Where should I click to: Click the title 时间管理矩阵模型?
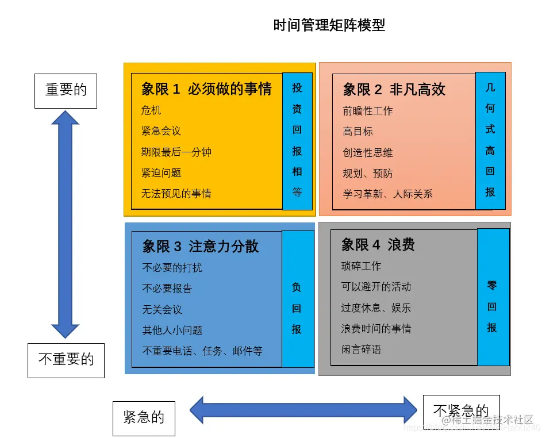click(329, 25)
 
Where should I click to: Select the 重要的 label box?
click(66, 90)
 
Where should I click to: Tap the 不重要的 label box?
click(66, 360)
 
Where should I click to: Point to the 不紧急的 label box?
click(461, 410)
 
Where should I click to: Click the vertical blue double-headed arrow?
click(65, 224)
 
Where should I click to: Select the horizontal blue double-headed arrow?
click(303, 410)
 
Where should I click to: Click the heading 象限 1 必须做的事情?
click(206, 89)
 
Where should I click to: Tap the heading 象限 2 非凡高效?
click(394, 90)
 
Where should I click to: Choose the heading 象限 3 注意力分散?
click(201, 247)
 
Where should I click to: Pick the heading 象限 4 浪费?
click(378, 245)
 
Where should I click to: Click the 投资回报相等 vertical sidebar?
click(297, 141)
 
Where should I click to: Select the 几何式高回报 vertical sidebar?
click(490, 140)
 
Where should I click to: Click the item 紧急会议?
click(161, 131)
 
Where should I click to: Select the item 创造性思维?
click(368, 153)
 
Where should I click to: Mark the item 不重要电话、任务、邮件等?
click(202, 351)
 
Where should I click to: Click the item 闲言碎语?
click(361, 349)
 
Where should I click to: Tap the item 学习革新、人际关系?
click(387, 194)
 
